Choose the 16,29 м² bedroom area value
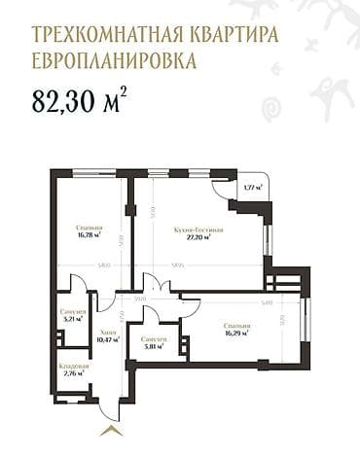234,334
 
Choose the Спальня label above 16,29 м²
234,326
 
